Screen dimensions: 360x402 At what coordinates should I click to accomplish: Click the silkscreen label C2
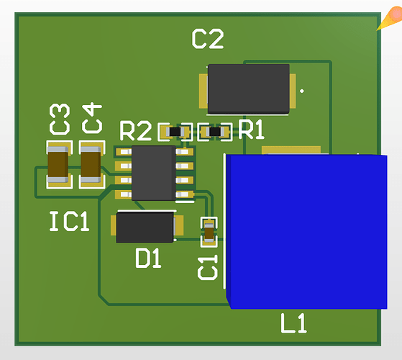(x=207, y=39)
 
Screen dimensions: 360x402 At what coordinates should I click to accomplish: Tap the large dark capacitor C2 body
(x=249, y=89)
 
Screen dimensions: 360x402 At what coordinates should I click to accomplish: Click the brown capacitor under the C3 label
(x=58, y=165)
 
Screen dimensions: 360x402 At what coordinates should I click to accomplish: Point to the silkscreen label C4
(x=91, y=119)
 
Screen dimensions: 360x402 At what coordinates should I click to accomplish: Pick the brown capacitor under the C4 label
(x=91, y=164)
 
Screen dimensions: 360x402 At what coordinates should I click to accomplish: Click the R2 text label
(x=136, y=132)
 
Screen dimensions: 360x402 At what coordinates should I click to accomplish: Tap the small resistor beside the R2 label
(x=175, y=132)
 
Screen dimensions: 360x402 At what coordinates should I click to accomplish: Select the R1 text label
(x=252, y=130)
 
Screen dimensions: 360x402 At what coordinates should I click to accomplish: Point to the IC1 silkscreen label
(x=69, y=222)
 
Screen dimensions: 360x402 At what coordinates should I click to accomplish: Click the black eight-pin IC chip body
(x=153, y=174)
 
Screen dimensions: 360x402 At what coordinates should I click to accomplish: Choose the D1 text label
(x=148, y=258)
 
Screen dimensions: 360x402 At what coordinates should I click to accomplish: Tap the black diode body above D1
(x=145, y=227)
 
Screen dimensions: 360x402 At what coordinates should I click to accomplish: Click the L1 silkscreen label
(x=293, y=324)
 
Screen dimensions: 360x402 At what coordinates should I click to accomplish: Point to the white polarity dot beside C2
(x=301, y=91)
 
